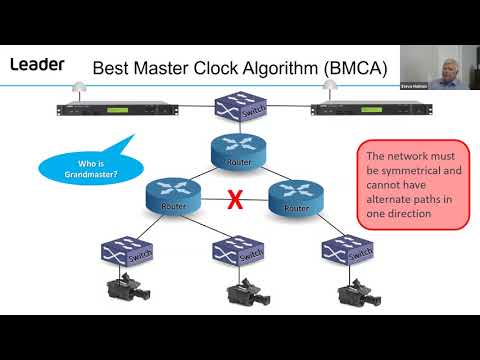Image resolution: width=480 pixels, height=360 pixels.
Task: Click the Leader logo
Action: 37,65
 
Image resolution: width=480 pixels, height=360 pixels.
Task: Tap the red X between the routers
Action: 235,199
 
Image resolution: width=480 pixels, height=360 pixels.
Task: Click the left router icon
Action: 173,196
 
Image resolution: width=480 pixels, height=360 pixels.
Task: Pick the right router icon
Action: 297,196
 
